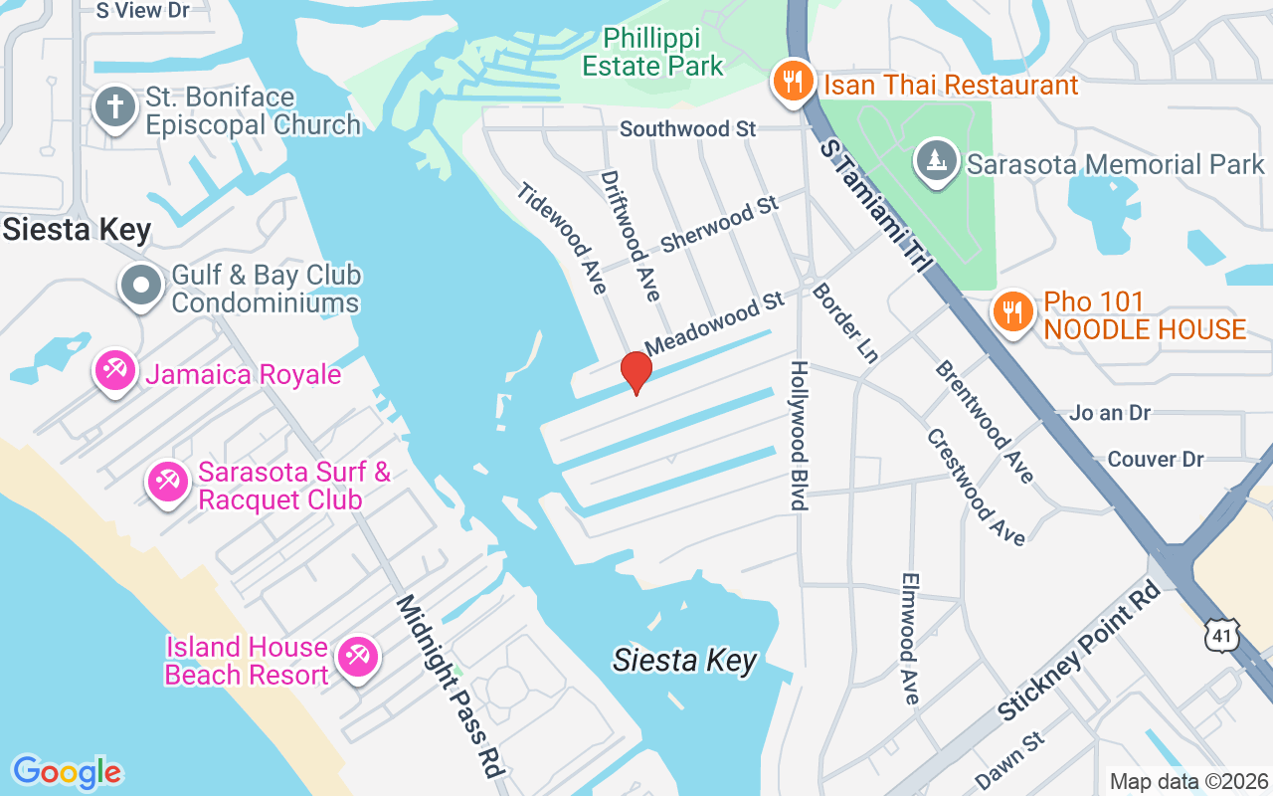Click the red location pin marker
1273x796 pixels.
coord(636,372)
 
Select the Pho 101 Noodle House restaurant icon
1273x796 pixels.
coord(1012,313)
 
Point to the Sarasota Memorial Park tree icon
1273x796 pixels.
coord(936,162)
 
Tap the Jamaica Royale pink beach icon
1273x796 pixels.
coord(115,373)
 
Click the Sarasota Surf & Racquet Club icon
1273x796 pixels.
coord(167,483)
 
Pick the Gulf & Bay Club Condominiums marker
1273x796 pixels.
coord(141,287)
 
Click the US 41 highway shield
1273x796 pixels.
coord(1222,635)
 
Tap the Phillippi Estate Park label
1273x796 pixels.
coord(653,53)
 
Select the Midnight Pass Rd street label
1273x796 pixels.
coord(450,686)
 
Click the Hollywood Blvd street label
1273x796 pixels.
coord(799,436)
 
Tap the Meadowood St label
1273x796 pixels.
coord(715,325)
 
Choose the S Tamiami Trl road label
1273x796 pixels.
coord(875,207)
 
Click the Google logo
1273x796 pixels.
coord(67,772)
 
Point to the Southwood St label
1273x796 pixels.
coord(687,129)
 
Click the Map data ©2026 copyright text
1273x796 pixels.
coord(1188,782)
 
